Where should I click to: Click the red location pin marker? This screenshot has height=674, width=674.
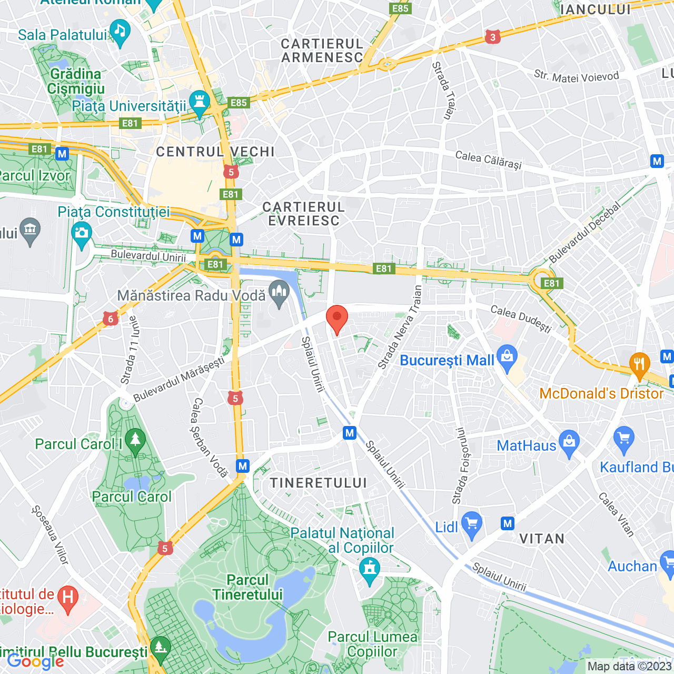point(337,319)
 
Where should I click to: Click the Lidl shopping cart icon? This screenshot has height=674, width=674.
point(471,525)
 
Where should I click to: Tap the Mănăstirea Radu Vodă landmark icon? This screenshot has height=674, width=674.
point(279,294)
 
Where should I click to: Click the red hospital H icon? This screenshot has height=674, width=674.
point(68,599)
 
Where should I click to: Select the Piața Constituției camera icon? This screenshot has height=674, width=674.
point(82,235)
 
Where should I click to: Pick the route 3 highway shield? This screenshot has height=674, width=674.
point(492,37)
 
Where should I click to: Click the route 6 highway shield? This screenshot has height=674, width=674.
point(110,319)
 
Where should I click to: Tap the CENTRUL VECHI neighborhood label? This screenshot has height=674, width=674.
point(215,152)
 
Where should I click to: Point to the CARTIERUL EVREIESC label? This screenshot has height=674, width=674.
point(304,214)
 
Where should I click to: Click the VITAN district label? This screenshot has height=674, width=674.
point(542,539)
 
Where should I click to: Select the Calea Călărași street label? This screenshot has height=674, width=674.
point(488,160)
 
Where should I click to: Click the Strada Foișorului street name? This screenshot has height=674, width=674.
point(461,465)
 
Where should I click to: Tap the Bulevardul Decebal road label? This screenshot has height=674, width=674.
point(584,233)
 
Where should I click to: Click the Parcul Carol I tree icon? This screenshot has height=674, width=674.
point(135,442)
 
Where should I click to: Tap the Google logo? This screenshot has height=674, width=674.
point(36,661)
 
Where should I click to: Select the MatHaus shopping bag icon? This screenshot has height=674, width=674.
point(569,443)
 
